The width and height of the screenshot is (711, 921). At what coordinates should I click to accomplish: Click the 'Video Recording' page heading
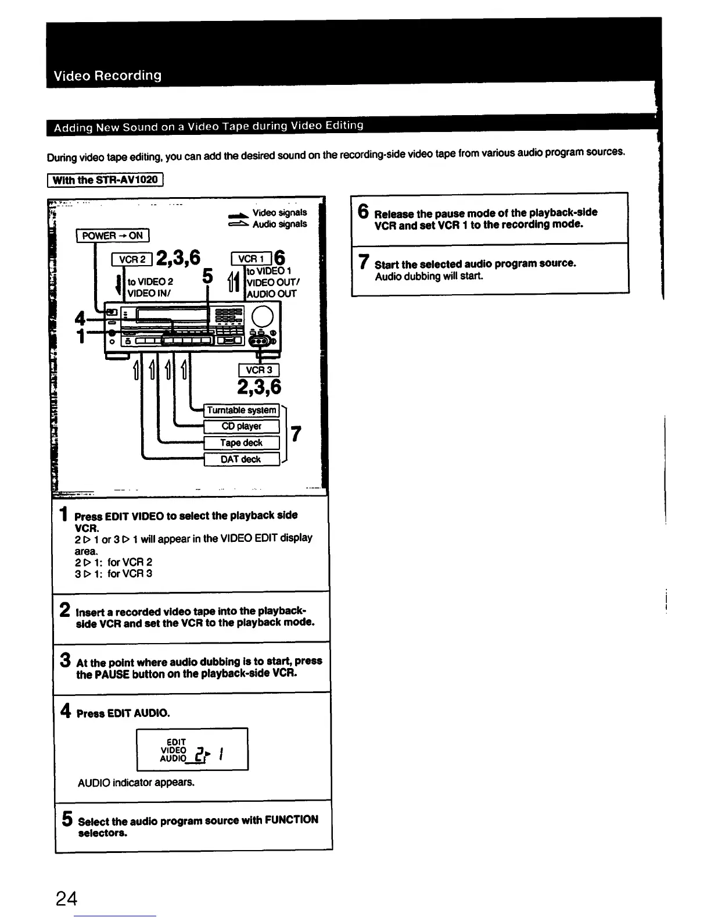[107, 76]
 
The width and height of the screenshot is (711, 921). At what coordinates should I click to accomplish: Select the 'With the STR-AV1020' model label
[105, 180]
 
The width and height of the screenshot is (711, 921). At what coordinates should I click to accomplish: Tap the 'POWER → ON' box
[113, 235]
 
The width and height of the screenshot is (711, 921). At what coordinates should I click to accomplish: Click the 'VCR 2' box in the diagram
[132, 259]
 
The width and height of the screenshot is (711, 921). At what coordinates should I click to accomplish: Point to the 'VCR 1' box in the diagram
[251, 259]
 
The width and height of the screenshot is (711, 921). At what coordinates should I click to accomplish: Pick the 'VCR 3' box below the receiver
[259, 370]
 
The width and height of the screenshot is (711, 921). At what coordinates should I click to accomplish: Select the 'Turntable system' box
[242, 410]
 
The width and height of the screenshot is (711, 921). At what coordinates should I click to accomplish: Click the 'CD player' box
[242, 426]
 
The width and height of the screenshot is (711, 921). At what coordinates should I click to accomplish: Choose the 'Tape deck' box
[242, 442]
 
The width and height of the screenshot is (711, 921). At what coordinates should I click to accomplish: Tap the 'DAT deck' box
[242, 459]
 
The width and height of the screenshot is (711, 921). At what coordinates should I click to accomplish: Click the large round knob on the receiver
[263, 317]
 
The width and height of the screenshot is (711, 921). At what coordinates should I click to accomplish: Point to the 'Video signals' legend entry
[279, 213]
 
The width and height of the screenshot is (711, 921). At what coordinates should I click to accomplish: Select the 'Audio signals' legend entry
[279, 224]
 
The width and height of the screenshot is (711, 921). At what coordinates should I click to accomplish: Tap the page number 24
[66, 898]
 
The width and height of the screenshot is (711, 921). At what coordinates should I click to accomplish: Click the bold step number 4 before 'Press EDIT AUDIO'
[66, 711]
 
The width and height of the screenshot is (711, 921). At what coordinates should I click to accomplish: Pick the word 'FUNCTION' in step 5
[291, 819]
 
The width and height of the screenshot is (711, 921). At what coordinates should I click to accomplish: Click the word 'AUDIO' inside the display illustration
[173, 758]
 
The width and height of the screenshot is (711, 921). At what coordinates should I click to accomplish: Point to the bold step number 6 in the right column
[363, 212]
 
